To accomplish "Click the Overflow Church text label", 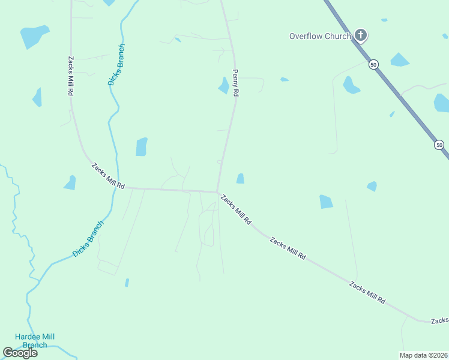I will (320, 36).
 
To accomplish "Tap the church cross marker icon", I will (360, 35).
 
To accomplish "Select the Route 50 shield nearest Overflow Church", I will (373, 64).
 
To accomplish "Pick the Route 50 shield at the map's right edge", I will (439, 145).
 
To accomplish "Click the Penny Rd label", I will (236, 83).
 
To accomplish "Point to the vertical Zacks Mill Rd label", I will (71, 77).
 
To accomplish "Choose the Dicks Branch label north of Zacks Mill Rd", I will (117, 64).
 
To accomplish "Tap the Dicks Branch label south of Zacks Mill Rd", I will (88, 239).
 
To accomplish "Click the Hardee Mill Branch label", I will (35, 341).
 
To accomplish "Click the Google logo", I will (20, 353).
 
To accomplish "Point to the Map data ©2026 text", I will (423, 355).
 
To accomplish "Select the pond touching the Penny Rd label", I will (224, 86).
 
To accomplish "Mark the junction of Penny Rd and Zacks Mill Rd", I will (217, 192).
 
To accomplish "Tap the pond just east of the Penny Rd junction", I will (240, 178).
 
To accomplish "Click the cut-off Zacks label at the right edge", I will (440, 321).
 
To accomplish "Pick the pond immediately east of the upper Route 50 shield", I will (400, 60).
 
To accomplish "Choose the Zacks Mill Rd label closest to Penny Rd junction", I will (235, 209).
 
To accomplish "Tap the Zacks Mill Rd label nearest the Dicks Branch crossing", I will (107, 176).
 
